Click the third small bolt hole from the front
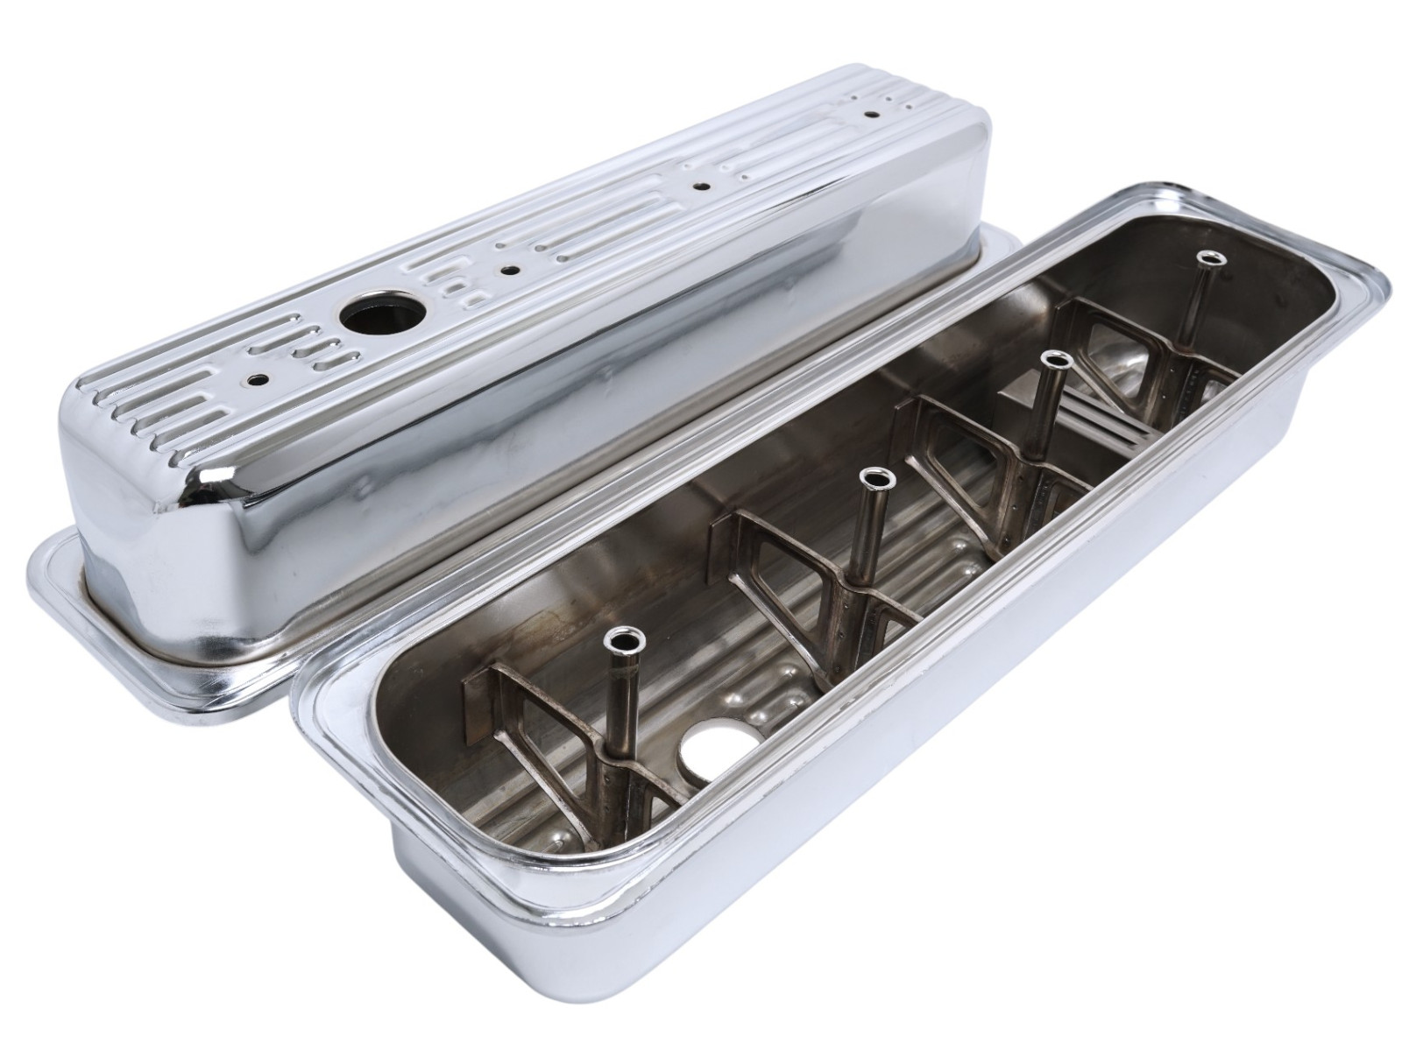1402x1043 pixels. pyautogui.click(x=701, y=187)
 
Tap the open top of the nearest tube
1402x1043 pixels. pyautogui.click(x=627, y=640)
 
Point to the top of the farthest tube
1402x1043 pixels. pyautogui.click(x=1211, y=256)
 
